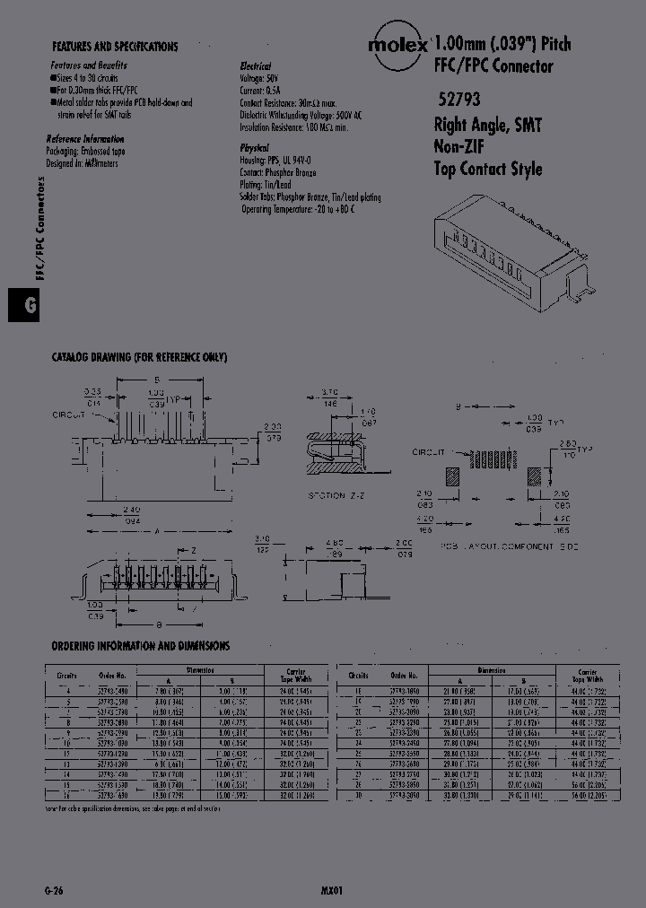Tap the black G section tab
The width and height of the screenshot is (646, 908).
pyautogui.click(x=19, y=305)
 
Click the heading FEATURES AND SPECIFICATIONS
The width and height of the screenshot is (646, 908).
pyautogui.click(x=115, y=47)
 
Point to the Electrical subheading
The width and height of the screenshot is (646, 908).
pyautogui.click(x=255, y=66)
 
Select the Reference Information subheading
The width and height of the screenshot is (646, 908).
pyautogui.click(x=85, y=139)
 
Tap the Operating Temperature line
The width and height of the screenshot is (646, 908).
pyautogui.click(x=298, y=209)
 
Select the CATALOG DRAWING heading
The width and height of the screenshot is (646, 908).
pyautogui.click(x=139, y=357)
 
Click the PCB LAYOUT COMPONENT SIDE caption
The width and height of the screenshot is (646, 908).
pyautogui.click(x=510, y=546)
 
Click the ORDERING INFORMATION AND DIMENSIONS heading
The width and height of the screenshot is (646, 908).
pyautogui.click(x=140, y=645)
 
